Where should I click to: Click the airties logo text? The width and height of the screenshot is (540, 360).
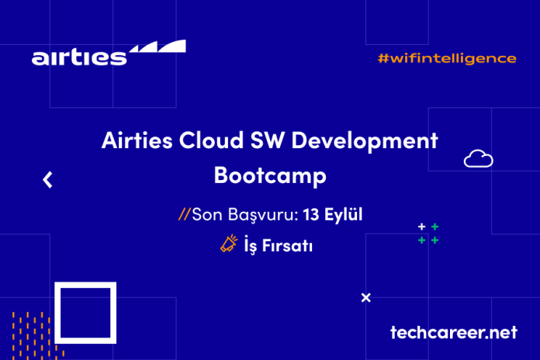pos(79,57)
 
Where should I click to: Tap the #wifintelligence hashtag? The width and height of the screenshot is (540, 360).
pos(447,58)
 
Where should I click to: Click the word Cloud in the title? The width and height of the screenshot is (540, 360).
pos(211,140)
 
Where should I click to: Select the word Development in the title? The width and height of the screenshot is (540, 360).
pos(365,141)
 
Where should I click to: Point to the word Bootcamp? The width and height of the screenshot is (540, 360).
pos(270,175)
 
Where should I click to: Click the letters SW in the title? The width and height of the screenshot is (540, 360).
pos(268,140)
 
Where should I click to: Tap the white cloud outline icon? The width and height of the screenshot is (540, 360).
pos(479,159)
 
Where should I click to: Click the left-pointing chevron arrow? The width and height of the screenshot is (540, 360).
pos(47,180)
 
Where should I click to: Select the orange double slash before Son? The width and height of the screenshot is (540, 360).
pos(184,214)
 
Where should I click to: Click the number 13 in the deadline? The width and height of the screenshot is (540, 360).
pos(310,214)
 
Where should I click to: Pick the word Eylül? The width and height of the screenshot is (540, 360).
pos(343,214)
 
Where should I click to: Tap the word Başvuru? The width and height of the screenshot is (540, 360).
pos(263,215)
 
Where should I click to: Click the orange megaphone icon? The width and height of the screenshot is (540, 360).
pos(229,243)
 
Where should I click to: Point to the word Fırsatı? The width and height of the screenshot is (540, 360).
pos(287,246)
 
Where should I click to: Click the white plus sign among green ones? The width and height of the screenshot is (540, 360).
pos(421,227)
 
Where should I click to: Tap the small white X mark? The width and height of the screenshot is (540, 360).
pos(365,297)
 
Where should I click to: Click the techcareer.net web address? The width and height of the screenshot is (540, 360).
pos(454,332)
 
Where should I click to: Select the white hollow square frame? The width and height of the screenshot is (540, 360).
pos(58,313)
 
